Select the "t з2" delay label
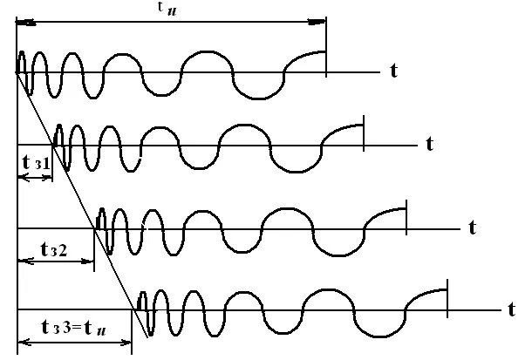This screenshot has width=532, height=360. (53, 248)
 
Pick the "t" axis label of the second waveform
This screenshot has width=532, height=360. (430, 141)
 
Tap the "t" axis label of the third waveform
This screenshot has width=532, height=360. (472, 228)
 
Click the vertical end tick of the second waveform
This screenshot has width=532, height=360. (365, 132)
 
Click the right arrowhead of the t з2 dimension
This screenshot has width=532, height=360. (89, 260)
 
